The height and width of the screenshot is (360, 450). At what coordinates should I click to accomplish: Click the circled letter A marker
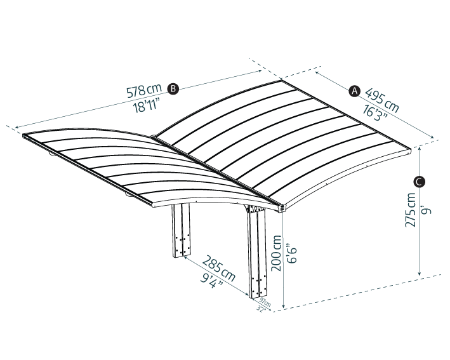click(355, 91)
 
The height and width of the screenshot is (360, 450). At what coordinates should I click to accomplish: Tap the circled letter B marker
click(173, 89)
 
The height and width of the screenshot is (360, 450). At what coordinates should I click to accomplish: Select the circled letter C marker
click(419, 182)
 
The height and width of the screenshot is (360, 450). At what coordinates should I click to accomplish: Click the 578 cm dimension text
click(144, 91)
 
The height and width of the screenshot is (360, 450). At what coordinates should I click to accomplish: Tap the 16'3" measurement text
click(372, 112)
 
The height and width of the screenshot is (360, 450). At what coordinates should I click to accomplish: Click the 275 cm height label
click(411, 210)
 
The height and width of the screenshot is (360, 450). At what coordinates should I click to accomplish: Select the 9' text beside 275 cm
click(427, 208)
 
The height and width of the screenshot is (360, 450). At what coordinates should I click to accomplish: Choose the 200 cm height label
click(277, 253)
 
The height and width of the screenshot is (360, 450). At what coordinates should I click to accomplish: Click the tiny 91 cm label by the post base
click(265, 304)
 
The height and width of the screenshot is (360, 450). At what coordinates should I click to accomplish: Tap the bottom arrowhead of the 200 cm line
click(284, 305)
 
